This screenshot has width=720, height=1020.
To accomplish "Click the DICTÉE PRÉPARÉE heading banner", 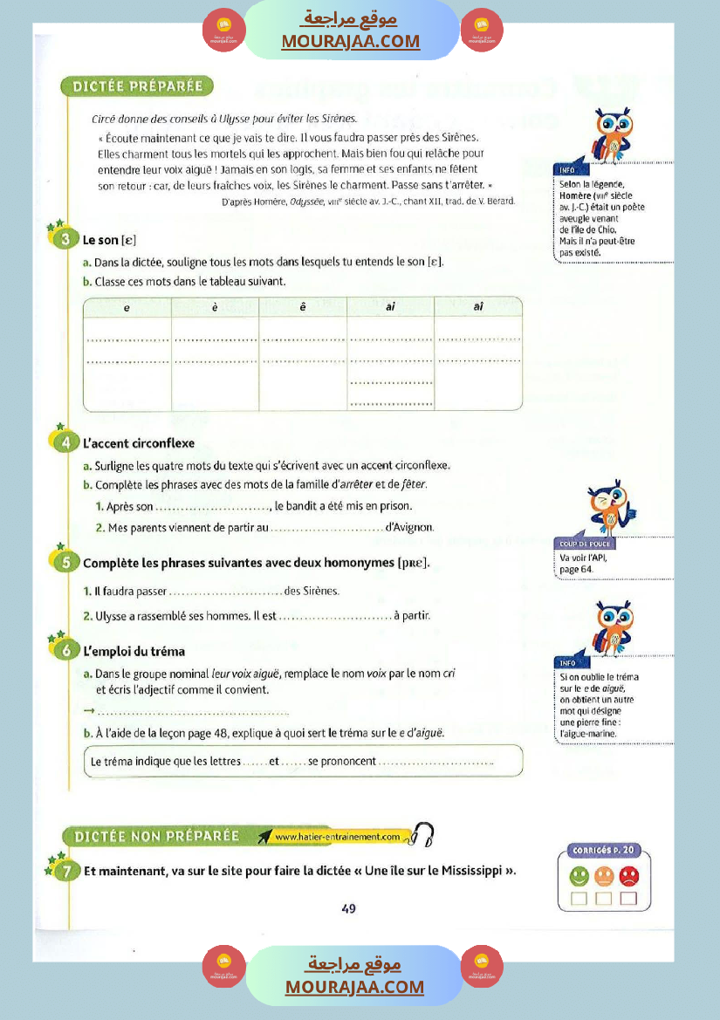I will click(137, 86).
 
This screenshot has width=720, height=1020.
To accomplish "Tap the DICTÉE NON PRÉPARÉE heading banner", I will click(157, 836).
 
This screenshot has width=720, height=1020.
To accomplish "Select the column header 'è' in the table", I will click(215, 307).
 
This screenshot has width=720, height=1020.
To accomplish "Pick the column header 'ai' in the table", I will click(390, 307).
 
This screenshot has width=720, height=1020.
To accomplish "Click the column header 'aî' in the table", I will click(478, 307).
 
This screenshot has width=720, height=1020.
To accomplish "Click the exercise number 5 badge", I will click(65, 562).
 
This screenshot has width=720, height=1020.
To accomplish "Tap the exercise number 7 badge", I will click(65, 870).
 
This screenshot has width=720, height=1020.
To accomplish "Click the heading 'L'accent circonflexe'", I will click(138, 443).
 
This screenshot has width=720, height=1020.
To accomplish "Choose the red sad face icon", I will click(628, 875).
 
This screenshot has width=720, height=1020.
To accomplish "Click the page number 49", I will click(349, 908).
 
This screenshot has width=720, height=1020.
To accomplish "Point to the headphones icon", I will click(423, 835).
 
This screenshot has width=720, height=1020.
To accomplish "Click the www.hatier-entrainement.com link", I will click(337, 837).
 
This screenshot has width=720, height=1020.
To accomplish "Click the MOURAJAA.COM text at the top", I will click(351, 41).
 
